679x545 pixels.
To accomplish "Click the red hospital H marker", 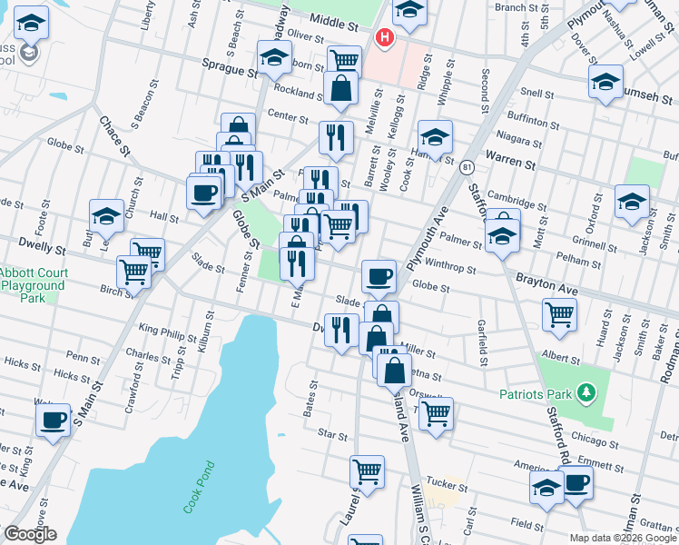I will pyautogui.click(x=385, y=38).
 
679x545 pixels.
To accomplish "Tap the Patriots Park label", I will pyautogui.click(x=534, y=394).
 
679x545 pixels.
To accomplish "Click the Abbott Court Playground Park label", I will pyautogui.click(x=33, y=279).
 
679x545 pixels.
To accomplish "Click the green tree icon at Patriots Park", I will pyautogui.click(x=586, y=392).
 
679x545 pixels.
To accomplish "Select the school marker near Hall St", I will pyautogui.click(x=106, y=216).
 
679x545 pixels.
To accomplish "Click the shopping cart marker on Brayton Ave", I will pyautogui.click(x=559, y=314).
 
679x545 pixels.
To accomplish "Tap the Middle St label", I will pyautogui.click(x=334, y=18).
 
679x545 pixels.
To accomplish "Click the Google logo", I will pyautogui.click(x=30, y=534).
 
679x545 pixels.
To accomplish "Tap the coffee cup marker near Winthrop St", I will pyautogui.click(x=378, y=275).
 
